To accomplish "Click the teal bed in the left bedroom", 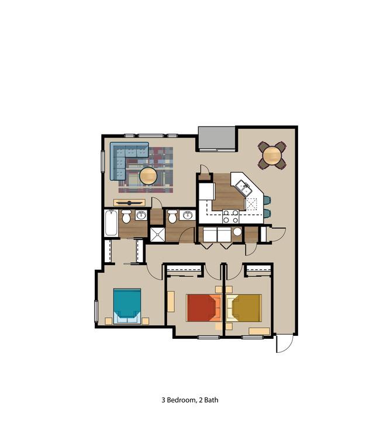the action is click(x=127, y=305).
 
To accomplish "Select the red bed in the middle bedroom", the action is click(x=204, y=308).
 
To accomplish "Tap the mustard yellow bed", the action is click(x=244, y=308).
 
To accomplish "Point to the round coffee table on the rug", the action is click(x=148, y=176).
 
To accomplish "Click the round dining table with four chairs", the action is click(x=272, y=156).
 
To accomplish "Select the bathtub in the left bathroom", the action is click(x=111, y=223).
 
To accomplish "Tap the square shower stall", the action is click(x=157, y=235).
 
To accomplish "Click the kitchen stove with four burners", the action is click(x=231, y=217).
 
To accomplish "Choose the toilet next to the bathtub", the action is click(x=126, y=217).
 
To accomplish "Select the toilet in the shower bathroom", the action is click(x=172, y=217).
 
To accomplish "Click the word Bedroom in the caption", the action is click(x=181, y=400).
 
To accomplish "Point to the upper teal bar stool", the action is click(x=267, y=200).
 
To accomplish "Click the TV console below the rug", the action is click(x=130, y=202).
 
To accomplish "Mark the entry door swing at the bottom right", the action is click(x=285, y=344).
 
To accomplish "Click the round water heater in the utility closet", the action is click(x=237, y=232).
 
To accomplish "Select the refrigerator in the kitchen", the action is click(x=206, y=191).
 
